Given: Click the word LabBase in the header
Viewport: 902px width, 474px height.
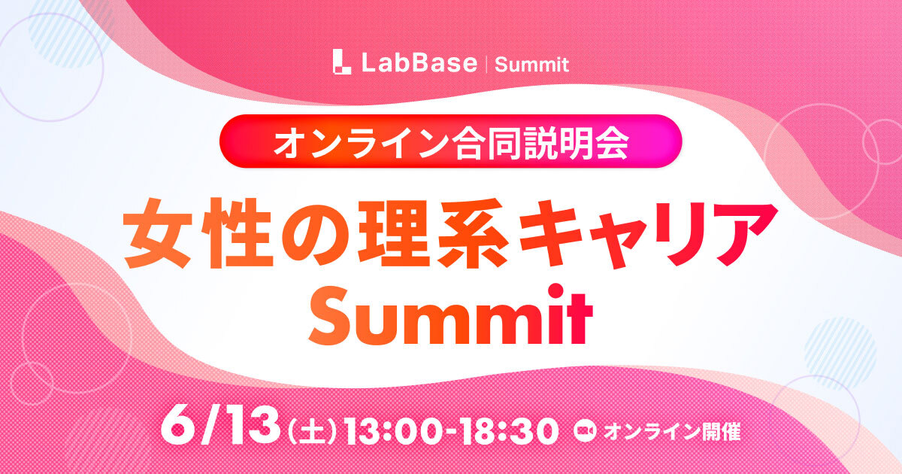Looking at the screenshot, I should pos(419,63).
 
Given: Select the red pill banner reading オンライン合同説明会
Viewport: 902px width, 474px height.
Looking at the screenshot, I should pos(450,141).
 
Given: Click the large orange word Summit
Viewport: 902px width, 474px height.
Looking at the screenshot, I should pos(450,317).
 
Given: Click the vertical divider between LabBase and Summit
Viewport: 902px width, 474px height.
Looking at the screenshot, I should pos(487,64).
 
